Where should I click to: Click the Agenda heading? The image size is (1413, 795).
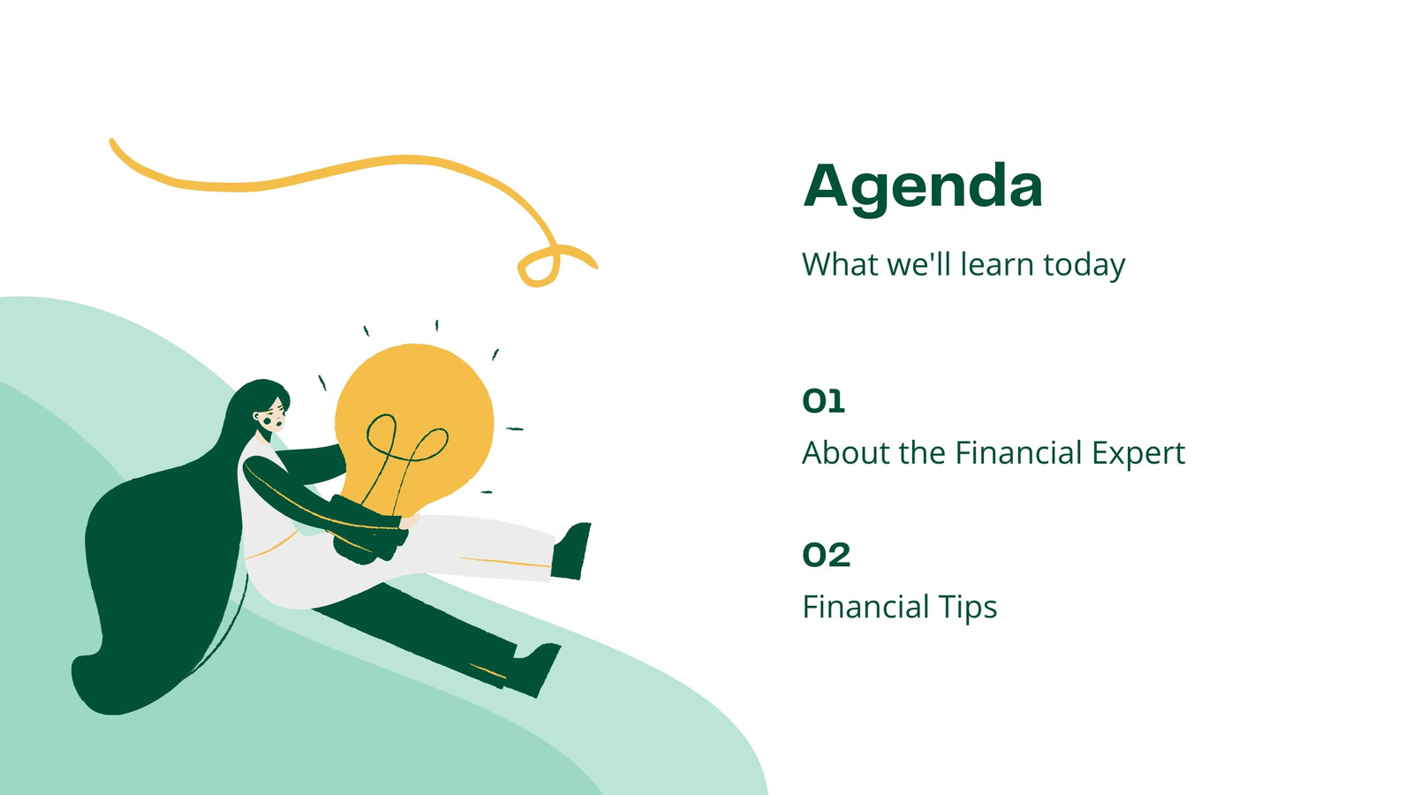coord(922,188)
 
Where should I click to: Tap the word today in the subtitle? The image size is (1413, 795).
coord(1084,266)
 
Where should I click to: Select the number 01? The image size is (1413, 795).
coord(823,401)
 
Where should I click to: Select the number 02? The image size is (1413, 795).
coord(827,555)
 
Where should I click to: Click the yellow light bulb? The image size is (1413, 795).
coord(413,423)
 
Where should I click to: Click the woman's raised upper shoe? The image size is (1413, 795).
coord(570,551)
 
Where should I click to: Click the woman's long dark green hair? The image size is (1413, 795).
coord(158,568)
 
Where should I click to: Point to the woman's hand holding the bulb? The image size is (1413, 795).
coord(410,520)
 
